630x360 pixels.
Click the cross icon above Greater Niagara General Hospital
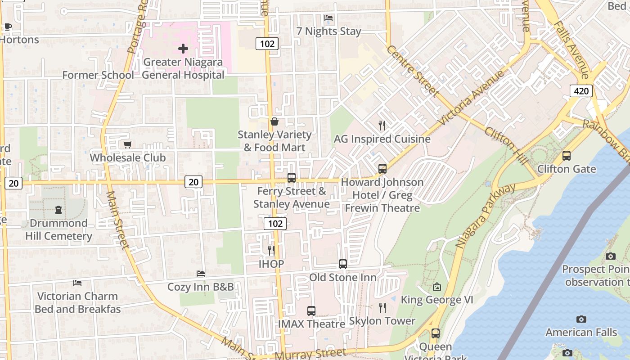pyautogui.click(x=183, y=48)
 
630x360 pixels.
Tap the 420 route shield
pyautogui.click(x=580, y=91)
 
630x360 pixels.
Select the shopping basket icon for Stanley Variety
pyautogui.click(x=274, y=121)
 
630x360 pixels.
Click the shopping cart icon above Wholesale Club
pyautogui.click(x=127, y=144)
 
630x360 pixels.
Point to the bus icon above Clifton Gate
pyautogui.click(x=566, y=156)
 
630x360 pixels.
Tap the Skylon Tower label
pyautogui.click(x=382, y=321)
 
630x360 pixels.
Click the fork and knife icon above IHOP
pyautogui.click(x=271, y=250)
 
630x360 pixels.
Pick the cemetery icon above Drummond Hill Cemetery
pyautogui.click(x=58, y=209)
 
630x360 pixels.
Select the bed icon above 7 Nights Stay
pyautogui.click(x=328, y=18)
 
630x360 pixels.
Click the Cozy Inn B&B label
pyautogui.click(x=200, y=287)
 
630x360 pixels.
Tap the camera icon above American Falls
pyautogui.click(x=581, y=319)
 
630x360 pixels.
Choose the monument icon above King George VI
pyautogui.click(x=436, y=287)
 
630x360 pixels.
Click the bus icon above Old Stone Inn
pyautogui.click(x=342, y=264)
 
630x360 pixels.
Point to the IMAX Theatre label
pyautogui.click(x=311, y=324)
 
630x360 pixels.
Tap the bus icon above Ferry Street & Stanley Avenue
pyautogui.click(x=291, y=178)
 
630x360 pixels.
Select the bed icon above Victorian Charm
pyautogui.click(x=77, y=283)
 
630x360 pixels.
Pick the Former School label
pyautogui.click(x=98, y=75)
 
